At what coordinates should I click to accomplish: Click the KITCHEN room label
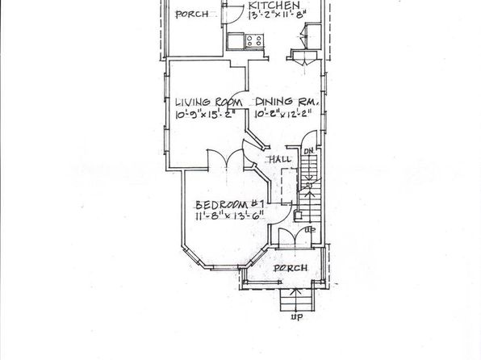click(x=274, y=6)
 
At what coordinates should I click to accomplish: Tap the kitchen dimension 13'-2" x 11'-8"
click(x=277, y=15)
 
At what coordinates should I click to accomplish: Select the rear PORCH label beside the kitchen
click(x=192, y=14)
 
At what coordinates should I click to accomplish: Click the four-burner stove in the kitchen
click(x=254, y=41)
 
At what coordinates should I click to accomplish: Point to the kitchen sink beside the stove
click(x=236, y=41)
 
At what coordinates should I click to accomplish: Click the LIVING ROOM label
click(x=208, y=102)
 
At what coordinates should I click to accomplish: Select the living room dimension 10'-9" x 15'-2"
click(x=205, y=114)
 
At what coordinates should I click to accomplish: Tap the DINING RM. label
click(x=287, y=102)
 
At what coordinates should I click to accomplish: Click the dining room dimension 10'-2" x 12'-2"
click(x=283, y=114)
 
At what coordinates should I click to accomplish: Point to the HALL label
click(x=280, y=160)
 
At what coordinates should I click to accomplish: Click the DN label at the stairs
click(x=308, y=151)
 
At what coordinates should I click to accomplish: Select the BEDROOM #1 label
click(x=229, y=205)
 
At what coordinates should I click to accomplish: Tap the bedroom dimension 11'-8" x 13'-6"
click(x=230, y=216)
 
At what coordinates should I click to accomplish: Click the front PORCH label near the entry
click(x=291, y=268)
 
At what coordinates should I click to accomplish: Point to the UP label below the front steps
click(x=297, y=316)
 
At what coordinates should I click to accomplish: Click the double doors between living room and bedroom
click(x=226, y=159)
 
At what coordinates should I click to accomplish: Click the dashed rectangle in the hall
click(x=289, y=186)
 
